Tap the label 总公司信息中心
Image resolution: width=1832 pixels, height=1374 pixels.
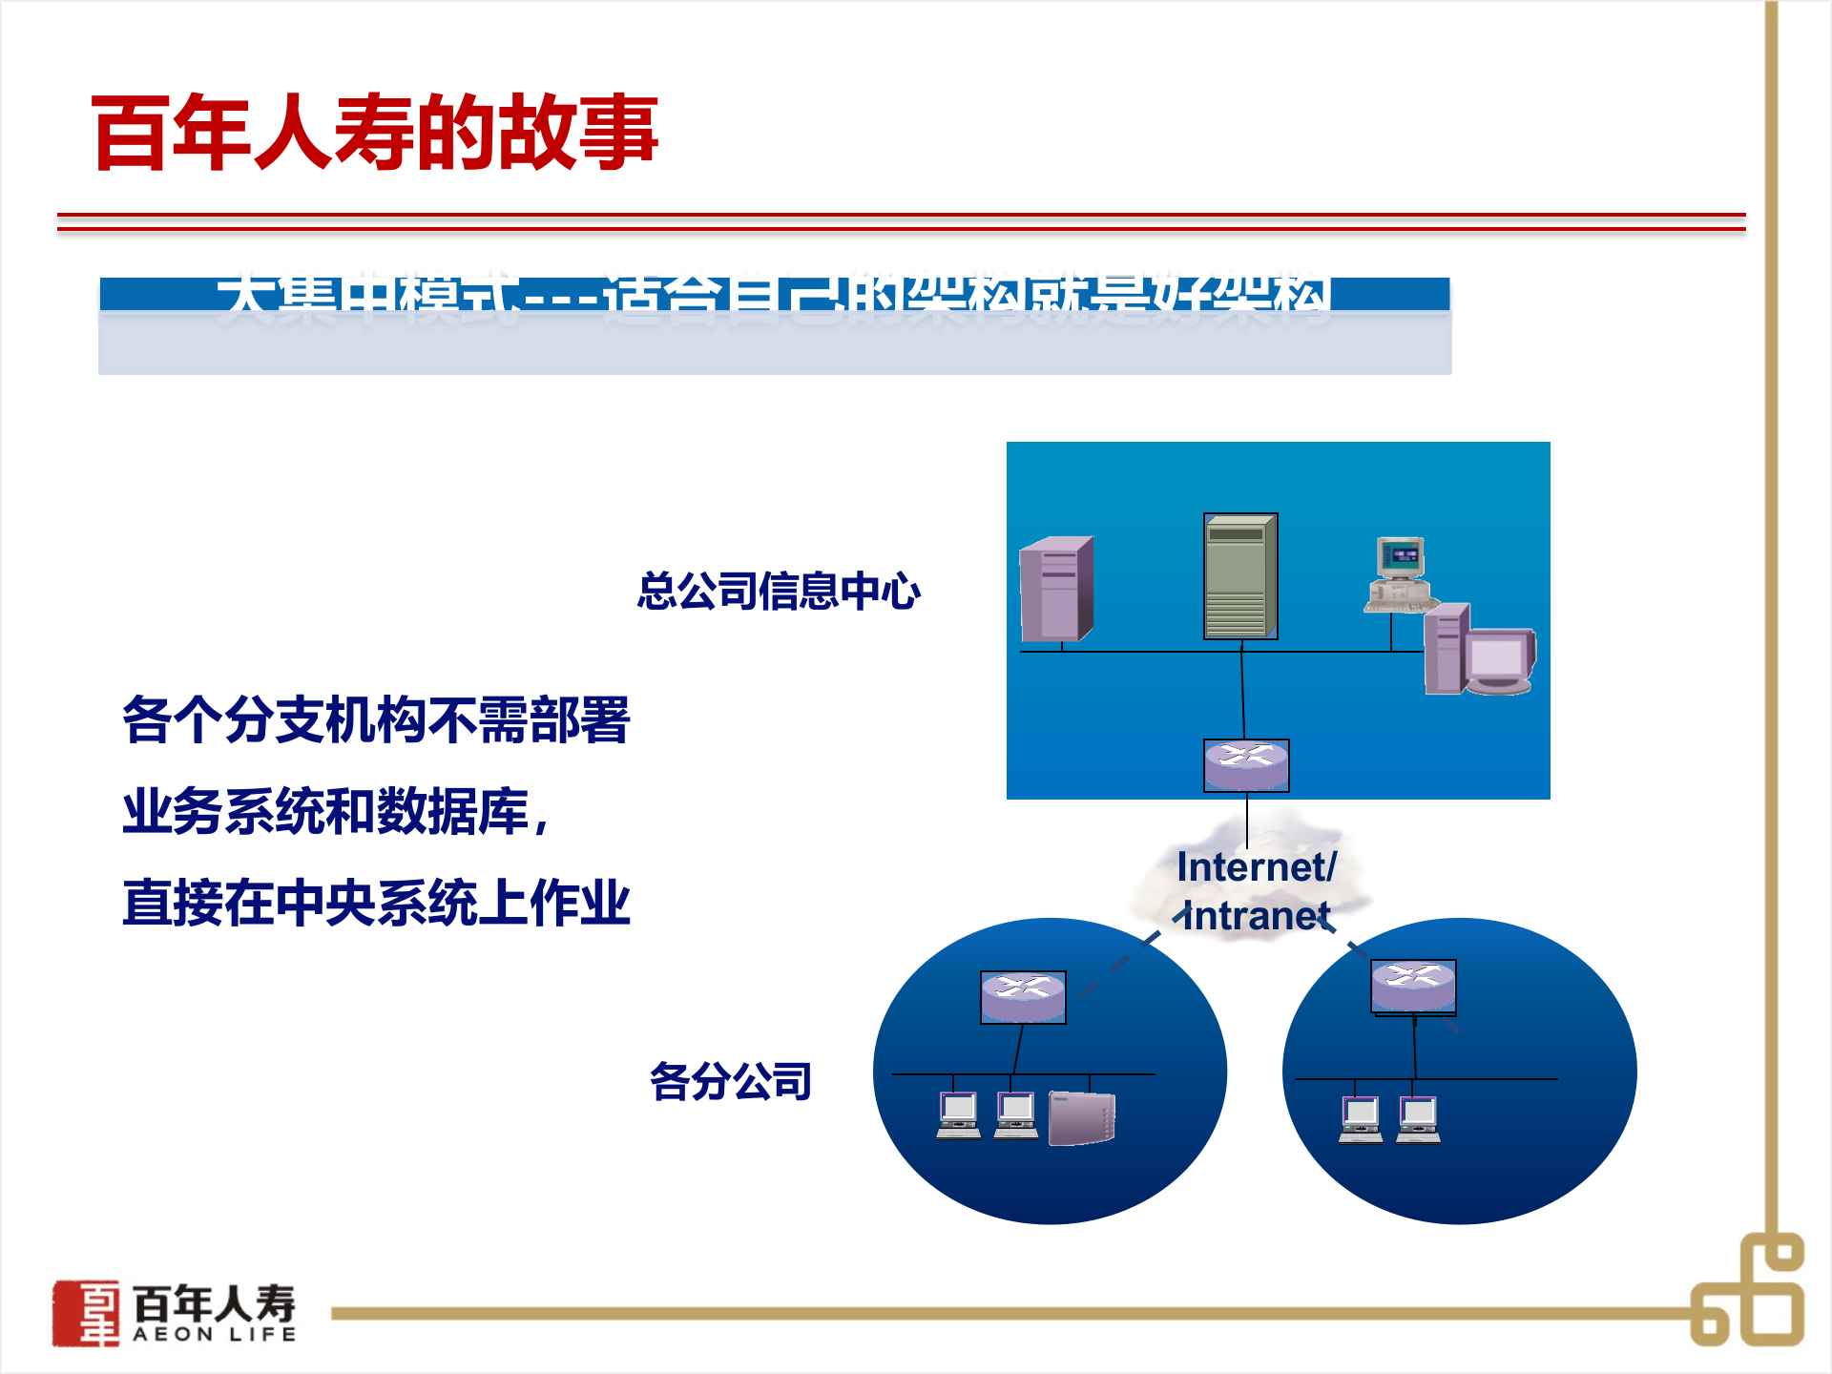click(778, 591)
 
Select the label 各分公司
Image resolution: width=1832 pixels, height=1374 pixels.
click(730, 1081)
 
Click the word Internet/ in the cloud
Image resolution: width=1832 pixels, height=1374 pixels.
click(1257, 866)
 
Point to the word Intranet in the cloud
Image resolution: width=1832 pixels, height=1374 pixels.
click(1256, 916)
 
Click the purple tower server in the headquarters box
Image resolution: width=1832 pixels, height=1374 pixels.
click(1056, 589)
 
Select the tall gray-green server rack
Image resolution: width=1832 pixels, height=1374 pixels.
click(1239, 576)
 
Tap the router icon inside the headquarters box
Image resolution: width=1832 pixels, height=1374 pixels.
click(1246, 764)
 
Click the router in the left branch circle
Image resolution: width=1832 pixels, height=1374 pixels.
click(1023, 996)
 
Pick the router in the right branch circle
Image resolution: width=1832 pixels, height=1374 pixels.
click(1413, 985)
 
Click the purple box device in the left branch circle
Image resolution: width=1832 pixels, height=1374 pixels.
click(1082, 1117)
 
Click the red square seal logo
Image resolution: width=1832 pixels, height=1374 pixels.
click(86, 1313)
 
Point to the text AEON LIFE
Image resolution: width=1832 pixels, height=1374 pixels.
click(214, 1334)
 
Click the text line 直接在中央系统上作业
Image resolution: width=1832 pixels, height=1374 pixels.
click(376, 903)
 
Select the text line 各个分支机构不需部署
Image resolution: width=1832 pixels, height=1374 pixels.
click(376, 719)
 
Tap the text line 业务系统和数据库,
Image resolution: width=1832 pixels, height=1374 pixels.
click(336, 811)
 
